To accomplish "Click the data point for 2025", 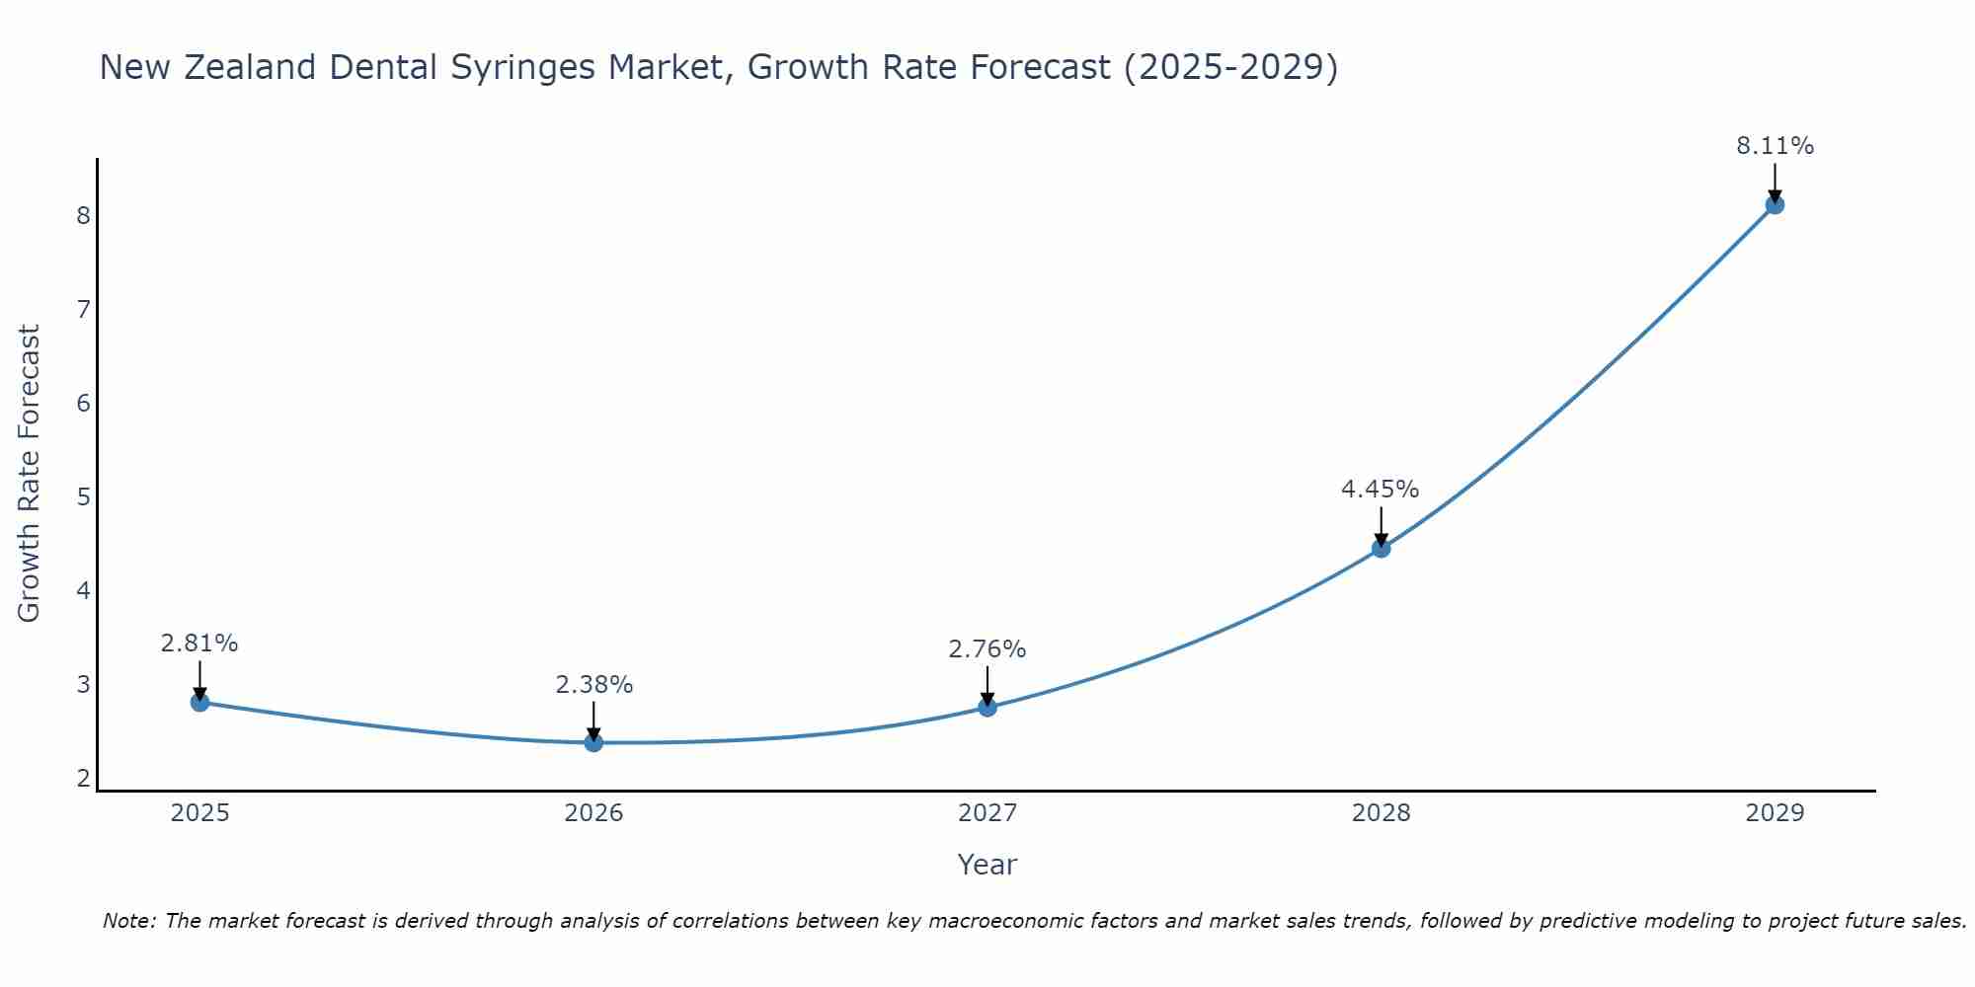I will tap(199, 702).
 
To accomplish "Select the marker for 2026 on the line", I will tap(593, 742).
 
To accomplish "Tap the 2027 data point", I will tap(987, 707).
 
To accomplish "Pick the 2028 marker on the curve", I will tap(1381, 548).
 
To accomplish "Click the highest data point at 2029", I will tap(1775, 205).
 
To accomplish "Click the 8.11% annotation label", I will tap(1775, 146).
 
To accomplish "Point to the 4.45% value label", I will tap(1380, 489).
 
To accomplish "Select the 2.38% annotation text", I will tap(593, 684).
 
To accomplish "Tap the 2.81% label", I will tap(199, 643).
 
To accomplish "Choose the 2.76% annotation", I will tap(987, 648).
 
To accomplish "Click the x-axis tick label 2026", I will tap(593, 813).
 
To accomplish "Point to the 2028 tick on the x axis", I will tap(1381, 813).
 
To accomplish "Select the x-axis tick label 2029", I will tap(1775, 813).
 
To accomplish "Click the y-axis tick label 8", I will tap(83, 215).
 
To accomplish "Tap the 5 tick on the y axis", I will tap(83, 496).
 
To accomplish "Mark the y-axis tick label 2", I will tap(83, 778).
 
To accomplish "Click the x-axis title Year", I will tap(987, 865).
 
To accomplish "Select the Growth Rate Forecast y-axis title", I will tap(30, 473).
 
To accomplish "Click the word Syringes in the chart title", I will tap(523, 67).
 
